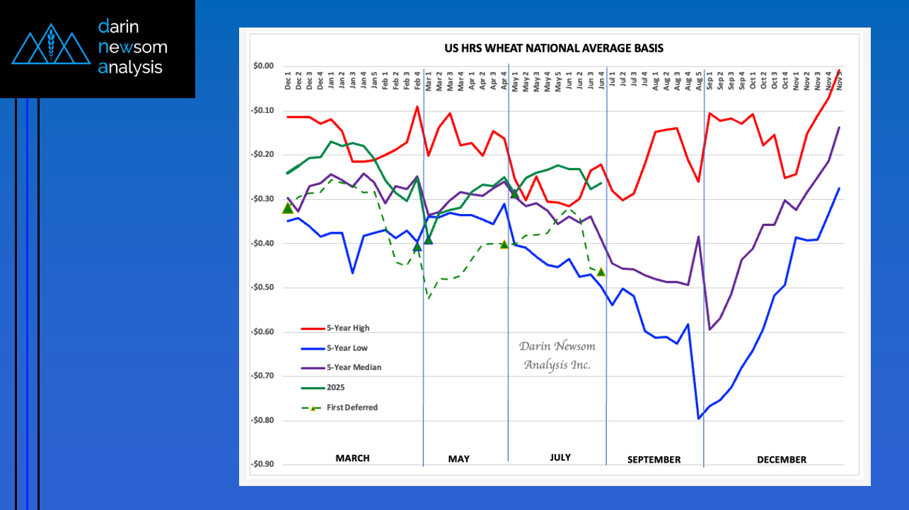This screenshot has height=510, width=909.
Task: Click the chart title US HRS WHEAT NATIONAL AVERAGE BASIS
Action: click(x=553, y=48)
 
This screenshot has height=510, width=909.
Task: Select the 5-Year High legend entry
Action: click(x=347, y=328)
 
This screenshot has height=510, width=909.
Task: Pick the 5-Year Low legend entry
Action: click(x=347, y=348)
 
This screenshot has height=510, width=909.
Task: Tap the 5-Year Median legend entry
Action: click(x=353, y=367)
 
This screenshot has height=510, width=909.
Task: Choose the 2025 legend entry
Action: click(x=335, y=387)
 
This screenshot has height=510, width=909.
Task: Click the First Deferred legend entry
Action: click(x=352, y=408)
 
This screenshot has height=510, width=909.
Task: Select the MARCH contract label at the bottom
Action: click(x=352, y=458)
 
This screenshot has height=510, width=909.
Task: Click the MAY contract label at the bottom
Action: click(x=458, y=459)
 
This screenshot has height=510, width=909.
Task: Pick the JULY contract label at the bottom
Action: click(x=560, y=458)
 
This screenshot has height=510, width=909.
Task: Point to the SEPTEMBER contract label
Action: click(x=654, y=460)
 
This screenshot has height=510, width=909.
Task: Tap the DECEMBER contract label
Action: click(x=781, y=460)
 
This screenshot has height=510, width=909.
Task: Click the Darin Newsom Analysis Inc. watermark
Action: click(x=557, y=355)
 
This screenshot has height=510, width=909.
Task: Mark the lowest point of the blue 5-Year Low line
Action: click(x=700, y=419)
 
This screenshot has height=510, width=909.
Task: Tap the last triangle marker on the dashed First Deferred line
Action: click(x=601, y=271)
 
